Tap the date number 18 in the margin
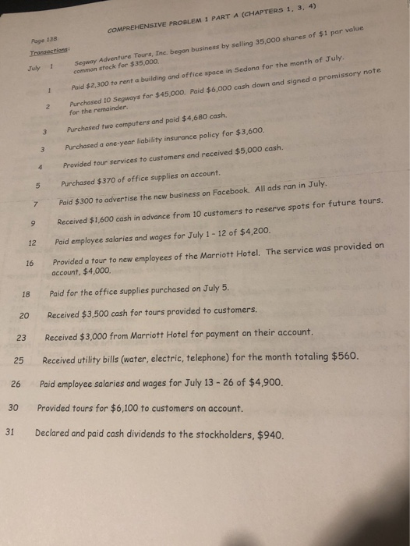tap(26, 295)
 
